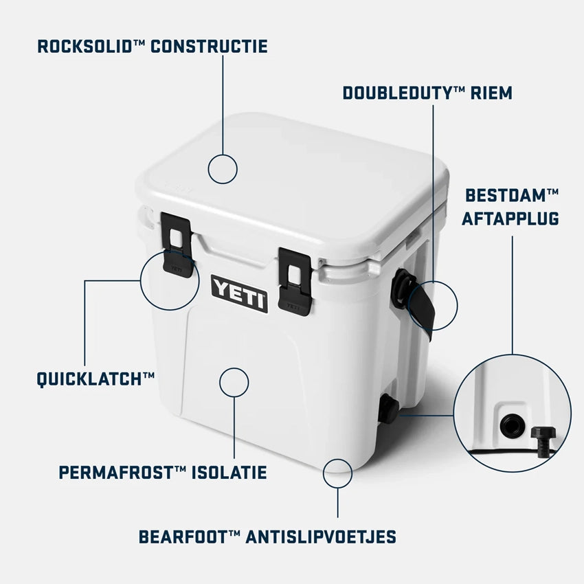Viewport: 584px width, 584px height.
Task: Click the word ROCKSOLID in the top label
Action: (x=86, y=47)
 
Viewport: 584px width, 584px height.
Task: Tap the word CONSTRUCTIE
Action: (x=209, y=47)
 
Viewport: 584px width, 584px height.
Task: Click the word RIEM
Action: (x=491, y=93)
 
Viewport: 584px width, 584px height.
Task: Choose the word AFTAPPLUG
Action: (x=510, y=218)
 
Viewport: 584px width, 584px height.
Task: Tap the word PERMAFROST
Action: (x=116, y=473)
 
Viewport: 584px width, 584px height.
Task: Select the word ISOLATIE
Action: (x=229, y=473)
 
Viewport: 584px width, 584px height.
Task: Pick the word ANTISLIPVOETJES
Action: (x=321, y=537)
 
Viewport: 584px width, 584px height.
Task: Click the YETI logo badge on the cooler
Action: (x=239, y=294)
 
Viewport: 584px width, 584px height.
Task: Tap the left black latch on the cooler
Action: (x=177, y=245)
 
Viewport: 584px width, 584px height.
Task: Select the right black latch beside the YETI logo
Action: (x=295, y=282)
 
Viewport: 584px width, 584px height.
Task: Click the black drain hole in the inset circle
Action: (x=512, y=426)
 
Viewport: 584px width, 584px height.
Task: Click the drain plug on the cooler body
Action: (x=388, y=409)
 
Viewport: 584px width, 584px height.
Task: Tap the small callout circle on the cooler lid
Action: (x=223, y=169)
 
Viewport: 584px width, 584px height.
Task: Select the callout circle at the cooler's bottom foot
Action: (x=337, y=473)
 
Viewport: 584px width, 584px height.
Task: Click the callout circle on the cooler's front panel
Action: (x=234, y=383)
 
